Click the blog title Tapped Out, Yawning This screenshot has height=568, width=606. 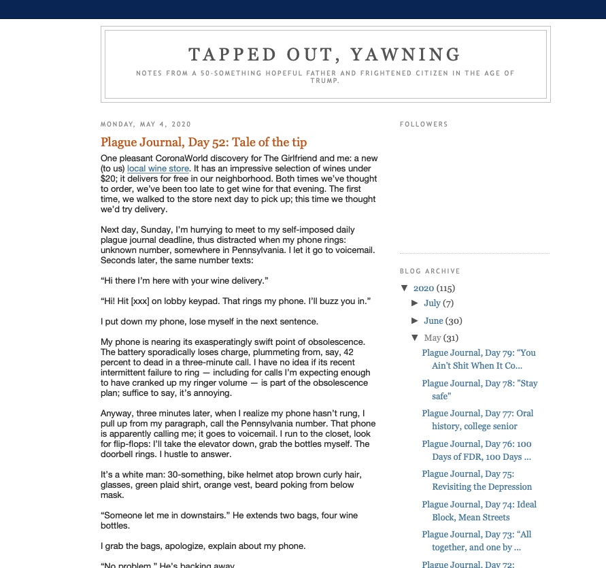click(x=325, y=54)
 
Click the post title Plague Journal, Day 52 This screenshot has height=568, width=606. click(x=203, y=142)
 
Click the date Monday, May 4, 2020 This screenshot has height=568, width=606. click(x=146, y=124)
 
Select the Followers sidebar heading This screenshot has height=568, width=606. click(x=424, y=124)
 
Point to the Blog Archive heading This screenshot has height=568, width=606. click(x=430, y=271)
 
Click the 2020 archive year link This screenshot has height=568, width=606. click(x=423, y=288)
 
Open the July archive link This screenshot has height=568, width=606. click(x=432, y=303)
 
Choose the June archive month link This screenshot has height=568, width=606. click(x=433, y=321)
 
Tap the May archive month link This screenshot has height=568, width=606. click(x=433, y=338)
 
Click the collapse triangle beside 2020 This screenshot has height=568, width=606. click(x=405, y=288)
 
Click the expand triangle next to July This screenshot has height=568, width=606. click(x=416, y=303)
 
